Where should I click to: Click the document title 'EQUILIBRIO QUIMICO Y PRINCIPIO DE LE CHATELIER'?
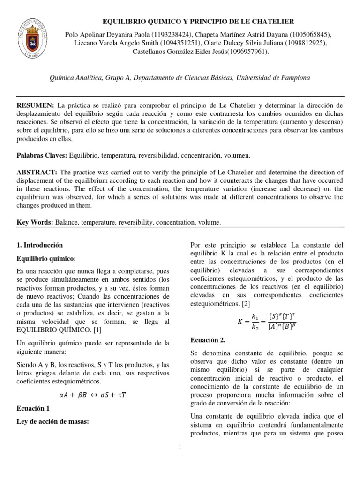(x=198, y=21)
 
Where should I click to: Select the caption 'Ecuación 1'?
(x=34, y=408)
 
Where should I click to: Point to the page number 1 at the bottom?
(x=180, y=447)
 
